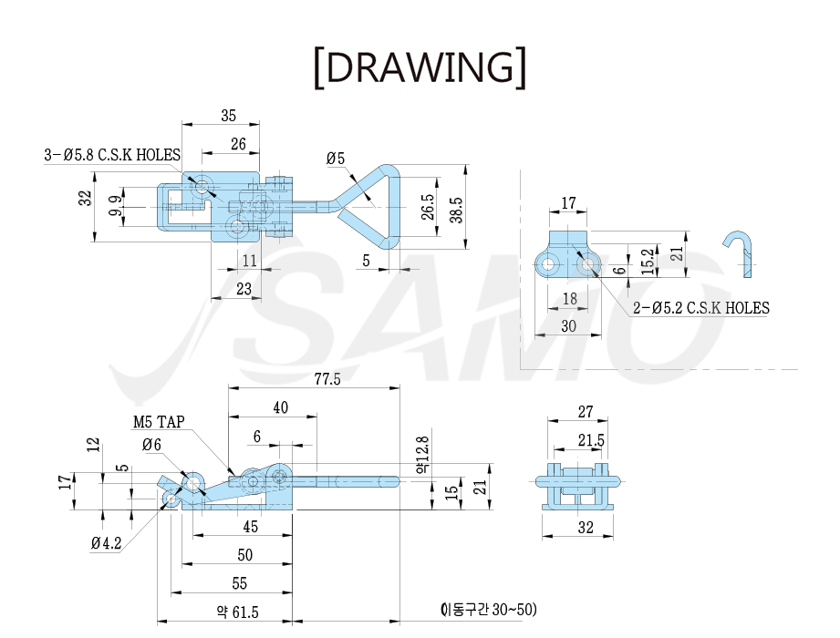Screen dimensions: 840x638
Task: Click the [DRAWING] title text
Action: pos(420,67)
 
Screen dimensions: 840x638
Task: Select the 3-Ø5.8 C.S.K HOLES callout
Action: pos(112,155)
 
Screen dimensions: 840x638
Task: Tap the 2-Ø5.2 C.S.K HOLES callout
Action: pos(700,308)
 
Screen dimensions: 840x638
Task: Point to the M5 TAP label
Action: pos(159,422)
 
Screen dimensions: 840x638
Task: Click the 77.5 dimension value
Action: pos(327,379)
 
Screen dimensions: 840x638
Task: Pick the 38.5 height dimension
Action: pos(456,210)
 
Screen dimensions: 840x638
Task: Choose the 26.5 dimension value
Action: pos(428,207)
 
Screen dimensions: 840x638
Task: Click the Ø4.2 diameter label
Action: pos(106,543)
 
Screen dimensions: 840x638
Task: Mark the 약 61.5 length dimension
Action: pos(237,612)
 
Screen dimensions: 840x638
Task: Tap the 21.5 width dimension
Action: pos(591,440)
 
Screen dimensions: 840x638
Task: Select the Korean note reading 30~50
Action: pos(489,609)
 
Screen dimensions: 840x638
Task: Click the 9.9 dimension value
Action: pos(115,206)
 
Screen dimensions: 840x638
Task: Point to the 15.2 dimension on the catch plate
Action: pos(648,262)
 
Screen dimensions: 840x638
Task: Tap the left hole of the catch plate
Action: pos(547,264)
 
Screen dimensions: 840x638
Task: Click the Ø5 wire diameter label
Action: pos(336,159)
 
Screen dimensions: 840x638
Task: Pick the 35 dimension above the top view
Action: pos(229,116)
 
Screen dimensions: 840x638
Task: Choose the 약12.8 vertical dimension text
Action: pos(422,455)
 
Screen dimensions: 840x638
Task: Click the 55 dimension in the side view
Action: pos(240,583)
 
